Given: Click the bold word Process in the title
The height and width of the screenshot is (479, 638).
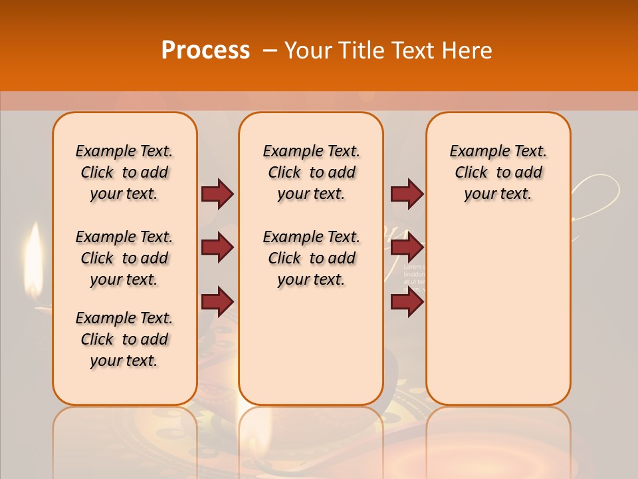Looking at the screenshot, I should pos(205,51).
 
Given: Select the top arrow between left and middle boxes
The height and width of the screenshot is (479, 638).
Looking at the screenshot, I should pos(217,194).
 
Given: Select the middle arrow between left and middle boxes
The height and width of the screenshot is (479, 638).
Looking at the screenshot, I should pos(217,247).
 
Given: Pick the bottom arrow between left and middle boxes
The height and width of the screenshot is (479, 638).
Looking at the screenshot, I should pos(217,301).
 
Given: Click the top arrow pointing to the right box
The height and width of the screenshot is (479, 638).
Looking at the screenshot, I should pos(407,194).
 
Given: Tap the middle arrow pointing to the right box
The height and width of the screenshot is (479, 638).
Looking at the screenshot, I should pos(407,247).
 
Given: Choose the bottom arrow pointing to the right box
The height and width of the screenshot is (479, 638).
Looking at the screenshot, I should pos(407,301).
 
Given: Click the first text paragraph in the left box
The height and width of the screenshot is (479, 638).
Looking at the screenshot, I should pos(124,172).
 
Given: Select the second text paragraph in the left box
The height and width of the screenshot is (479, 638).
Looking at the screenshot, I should pos(124,258).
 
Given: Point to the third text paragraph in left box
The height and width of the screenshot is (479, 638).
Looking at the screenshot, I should pos(124,339).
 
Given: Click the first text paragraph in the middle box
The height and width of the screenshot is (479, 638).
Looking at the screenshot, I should pos(311,172).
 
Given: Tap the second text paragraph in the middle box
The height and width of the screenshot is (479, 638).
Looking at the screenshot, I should pos(311,258).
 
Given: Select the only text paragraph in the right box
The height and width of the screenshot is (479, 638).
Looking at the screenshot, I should pos(498,172).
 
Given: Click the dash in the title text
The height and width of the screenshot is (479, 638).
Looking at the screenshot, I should pos(270,51).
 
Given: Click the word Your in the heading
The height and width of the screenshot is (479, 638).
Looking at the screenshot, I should pos(308,51).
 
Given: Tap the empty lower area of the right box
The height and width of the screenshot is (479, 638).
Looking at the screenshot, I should pos(498,319).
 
